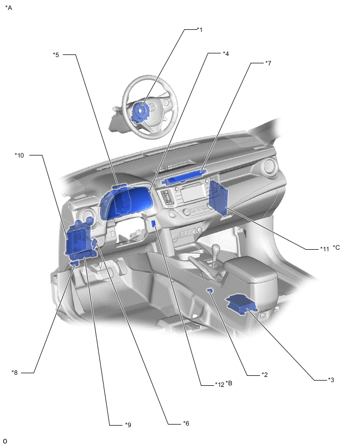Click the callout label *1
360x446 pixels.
click(x=199, y=30)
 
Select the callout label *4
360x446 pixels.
click(x=225, y=53)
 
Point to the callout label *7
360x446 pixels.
click(x=268, y=63)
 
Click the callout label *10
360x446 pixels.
click(x=19, y=155)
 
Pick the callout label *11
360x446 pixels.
click(x=324, y=249)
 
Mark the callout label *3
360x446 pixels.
click(x=331, y=380)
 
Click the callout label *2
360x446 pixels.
click(x=265, y=375)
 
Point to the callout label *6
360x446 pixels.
click(x=186, y=423)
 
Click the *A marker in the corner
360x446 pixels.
click(x=8, y=8)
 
